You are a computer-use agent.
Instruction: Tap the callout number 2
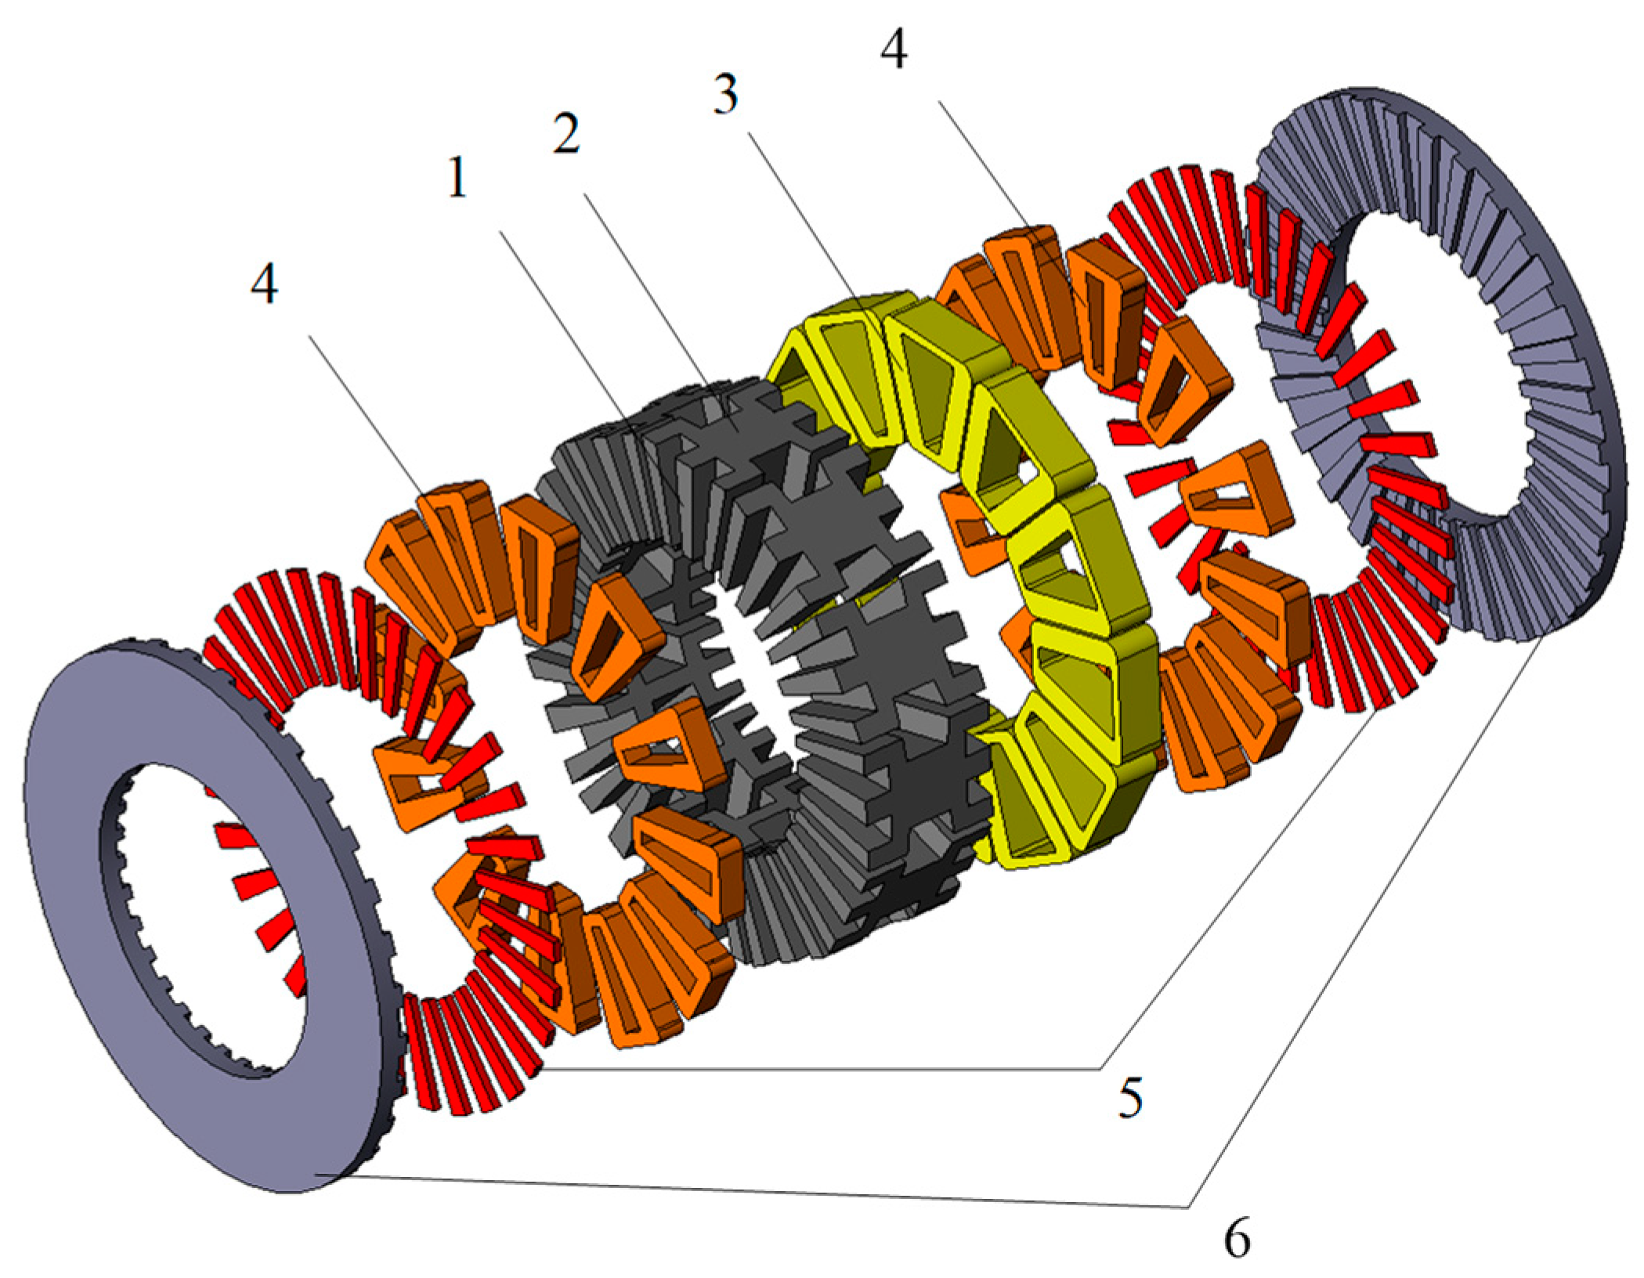565,133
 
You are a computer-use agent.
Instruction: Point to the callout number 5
1129,1099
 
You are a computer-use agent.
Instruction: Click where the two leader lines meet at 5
1100,1068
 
